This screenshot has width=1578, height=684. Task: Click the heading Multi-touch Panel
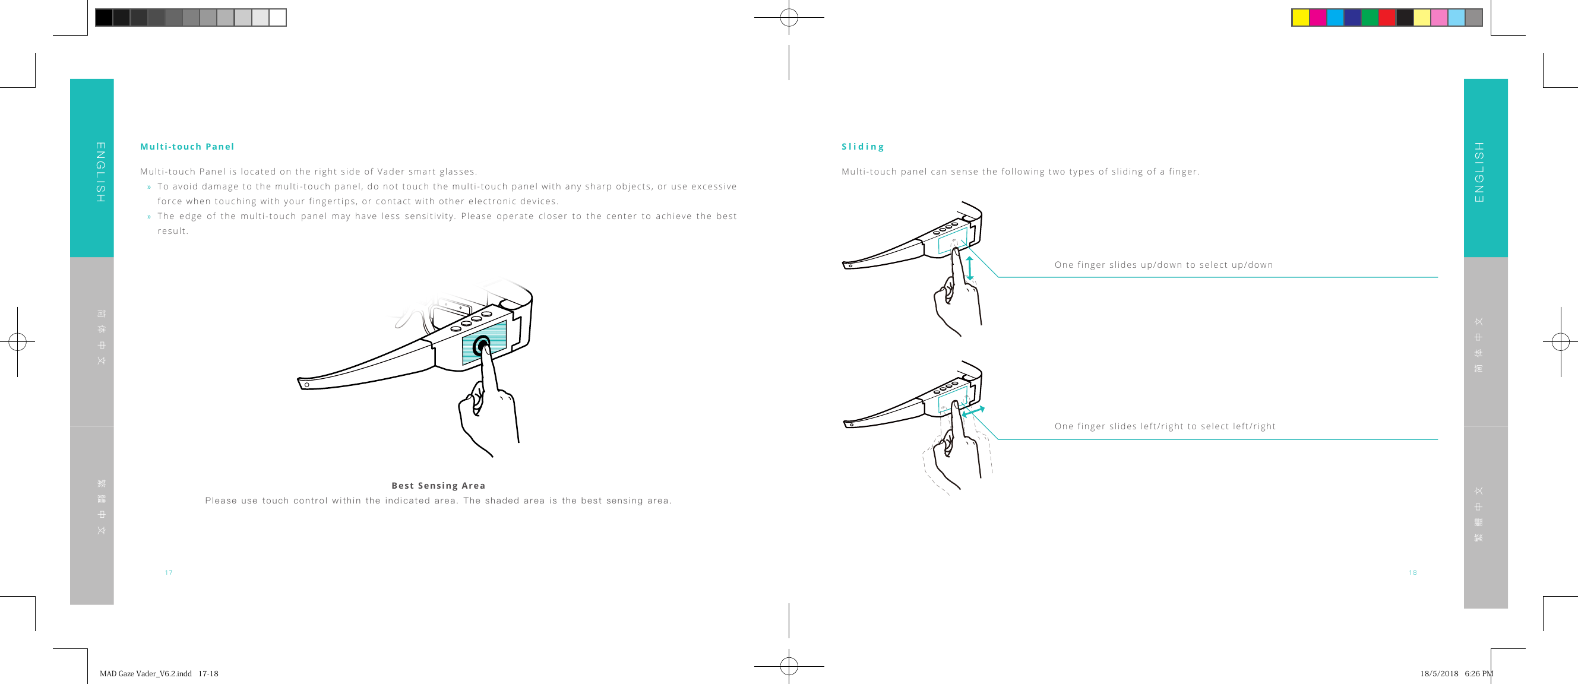pos(187,146)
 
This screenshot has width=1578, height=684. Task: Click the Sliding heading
pos(862,146)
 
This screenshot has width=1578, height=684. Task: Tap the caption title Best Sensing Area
pos(438,486)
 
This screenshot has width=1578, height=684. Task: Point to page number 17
pos(169,572)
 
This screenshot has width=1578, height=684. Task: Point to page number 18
pos(1413,572)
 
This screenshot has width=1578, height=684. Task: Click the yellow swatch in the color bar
pos(1301,17)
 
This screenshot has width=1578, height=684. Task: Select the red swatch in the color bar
pos(1387,17)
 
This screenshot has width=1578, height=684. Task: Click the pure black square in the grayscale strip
pos(104,17)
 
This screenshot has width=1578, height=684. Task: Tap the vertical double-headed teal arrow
pos(970,268)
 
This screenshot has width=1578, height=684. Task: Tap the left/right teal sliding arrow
pos(973,411)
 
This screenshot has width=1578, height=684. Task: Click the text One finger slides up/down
pos(1163,265)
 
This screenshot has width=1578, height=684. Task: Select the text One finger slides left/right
pos(1165,426)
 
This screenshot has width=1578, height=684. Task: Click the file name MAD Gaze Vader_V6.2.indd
pos(146,673)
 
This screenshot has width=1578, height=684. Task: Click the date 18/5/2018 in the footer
pos(1439,673)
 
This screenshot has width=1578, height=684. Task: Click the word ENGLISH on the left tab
pos(100,172)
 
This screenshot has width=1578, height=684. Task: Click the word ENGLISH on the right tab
pos(1479,172)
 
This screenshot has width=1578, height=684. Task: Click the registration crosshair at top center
pos(789,18)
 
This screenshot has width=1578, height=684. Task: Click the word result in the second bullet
pos(172,231)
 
